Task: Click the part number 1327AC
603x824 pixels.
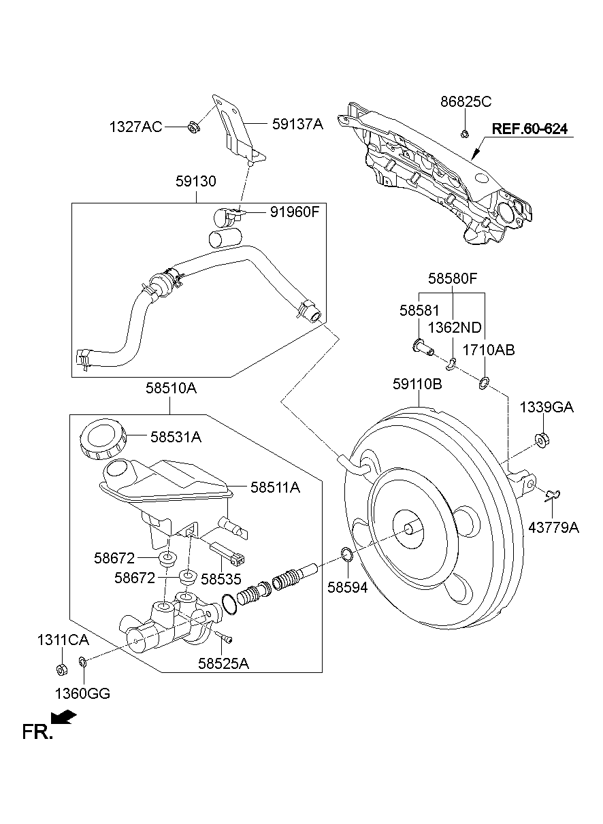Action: (136, 127)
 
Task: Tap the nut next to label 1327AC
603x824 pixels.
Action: (192, 127)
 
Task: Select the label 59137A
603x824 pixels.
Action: (297, 124)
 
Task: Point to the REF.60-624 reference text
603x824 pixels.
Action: (529, 129)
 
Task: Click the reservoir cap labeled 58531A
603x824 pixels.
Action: (102, 440)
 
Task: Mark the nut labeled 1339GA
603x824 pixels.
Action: (543, 440)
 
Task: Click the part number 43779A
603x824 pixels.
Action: (554, 527)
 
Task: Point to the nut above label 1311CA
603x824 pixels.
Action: (60, 670)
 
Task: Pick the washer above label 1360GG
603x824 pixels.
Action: (82, 660)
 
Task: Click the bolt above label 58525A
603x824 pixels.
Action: (225, 638)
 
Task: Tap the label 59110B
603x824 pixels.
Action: (417, 384)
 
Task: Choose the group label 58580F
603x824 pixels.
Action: (453, 278)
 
